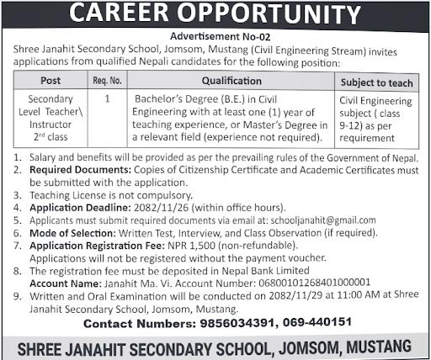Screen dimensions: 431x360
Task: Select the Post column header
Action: (51, 82)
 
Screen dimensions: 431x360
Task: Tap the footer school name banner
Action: (215, 346)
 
